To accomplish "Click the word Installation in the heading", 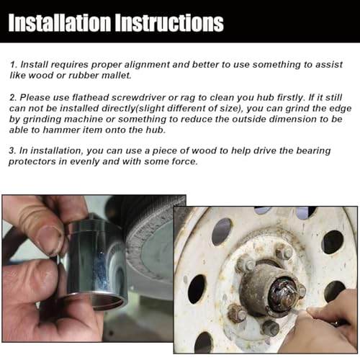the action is coord(60,23).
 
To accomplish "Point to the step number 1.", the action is coord(13,65).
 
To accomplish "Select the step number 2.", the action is coord(13,98).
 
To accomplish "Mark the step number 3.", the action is coord(12,150).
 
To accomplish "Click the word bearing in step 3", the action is coord(313,151).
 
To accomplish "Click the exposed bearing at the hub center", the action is coord(283,294).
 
